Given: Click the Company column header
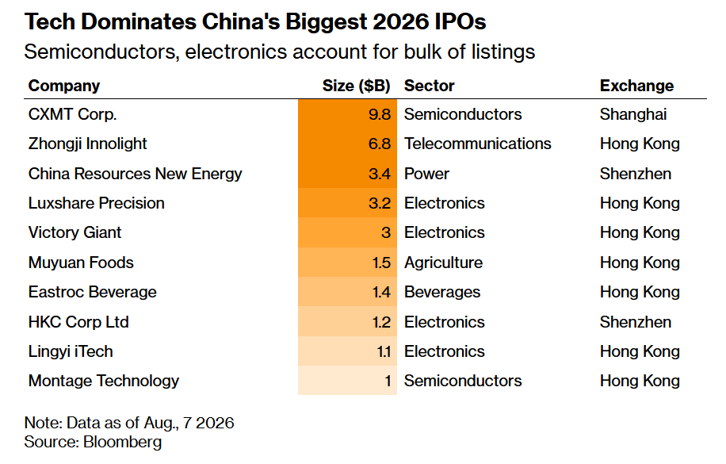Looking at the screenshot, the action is coord(64,86).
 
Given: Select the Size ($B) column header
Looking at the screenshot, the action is coord(356,86).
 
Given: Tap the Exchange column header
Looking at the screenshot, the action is coord(636,86).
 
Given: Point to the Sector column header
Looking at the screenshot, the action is coord(430,86).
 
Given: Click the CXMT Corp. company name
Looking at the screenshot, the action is coord(72,114).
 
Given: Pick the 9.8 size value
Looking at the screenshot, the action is coord(380,114).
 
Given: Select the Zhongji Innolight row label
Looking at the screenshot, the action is coord(87,144).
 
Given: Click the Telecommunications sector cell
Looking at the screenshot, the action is coord(477,144).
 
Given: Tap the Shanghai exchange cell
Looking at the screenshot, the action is coord(633,114).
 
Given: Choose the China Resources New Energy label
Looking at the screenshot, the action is coord(135,174).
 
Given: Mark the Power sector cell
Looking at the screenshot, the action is coord(426,174).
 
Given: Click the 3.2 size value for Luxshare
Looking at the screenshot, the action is coord(380,204).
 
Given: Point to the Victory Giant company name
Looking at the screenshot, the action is coord(75,232).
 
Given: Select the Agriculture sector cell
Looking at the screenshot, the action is coord(443,263).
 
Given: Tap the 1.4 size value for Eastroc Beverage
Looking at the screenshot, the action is coord(381,293).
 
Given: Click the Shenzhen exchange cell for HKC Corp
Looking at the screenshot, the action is coord(636,322).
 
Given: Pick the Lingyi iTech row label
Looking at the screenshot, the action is coord(71,352).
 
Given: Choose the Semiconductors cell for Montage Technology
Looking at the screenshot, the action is coord(463,381).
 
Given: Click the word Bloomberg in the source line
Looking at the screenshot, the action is coord(122,443).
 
